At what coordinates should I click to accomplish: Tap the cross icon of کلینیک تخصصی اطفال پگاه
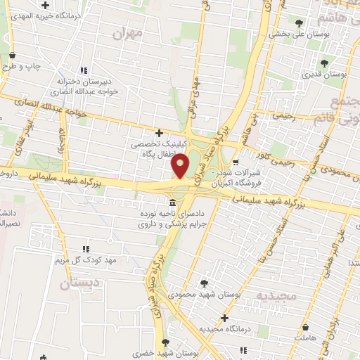tap(160, 133)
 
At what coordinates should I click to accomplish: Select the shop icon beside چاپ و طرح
tap(12, 56)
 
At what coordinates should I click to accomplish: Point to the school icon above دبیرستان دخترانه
tap(84, 70)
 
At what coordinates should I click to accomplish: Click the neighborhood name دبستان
tap(76, 283)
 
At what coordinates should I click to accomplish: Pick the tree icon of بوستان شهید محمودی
tap(204, 284)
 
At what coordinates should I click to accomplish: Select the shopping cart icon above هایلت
tap(305, 327)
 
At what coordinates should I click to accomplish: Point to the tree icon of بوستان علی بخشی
tap(299, 22)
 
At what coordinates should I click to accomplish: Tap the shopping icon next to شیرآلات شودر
tap(245, 162)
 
